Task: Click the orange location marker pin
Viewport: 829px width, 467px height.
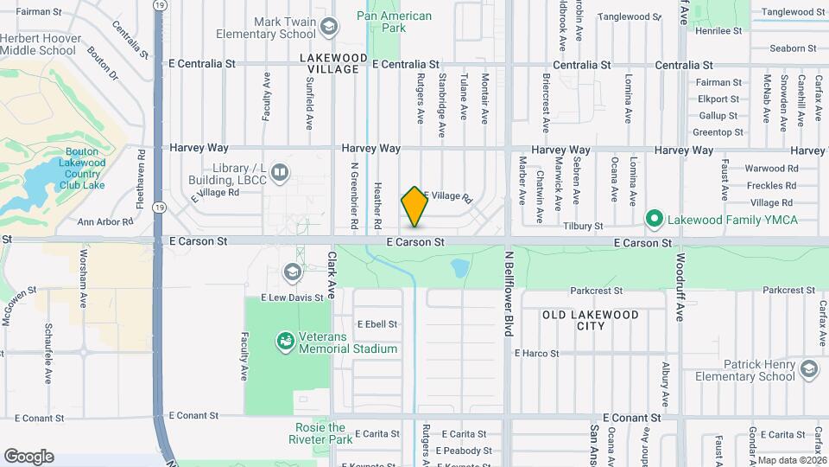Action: (x=414, y=206)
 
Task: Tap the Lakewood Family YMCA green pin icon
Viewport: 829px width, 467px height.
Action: (x=655, y=219)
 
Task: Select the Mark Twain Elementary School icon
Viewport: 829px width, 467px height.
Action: (x=328, y=27)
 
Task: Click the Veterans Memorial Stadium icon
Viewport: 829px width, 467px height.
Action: (x=284, y=342)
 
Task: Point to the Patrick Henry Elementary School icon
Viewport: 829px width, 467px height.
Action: (x=809, y=370)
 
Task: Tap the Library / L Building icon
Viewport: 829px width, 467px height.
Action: (x=279, y=172)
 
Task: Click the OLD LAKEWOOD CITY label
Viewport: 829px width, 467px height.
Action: (x=591, y=320)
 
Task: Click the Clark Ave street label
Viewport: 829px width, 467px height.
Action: (x=331, y=276)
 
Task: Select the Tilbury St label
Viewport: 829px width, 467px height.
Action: (x=583, y=226)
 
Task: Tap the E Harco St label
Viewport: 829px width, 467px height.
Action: (x=536, y=353)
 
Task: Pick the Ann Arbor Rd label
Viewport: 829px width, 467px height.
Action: (x=105, y=222)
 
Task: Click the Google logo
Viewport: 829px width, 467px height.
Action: (x=28, y=456)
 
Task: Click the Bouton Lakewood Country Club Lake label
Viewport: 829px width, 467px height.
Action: (x=83, y=169)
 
